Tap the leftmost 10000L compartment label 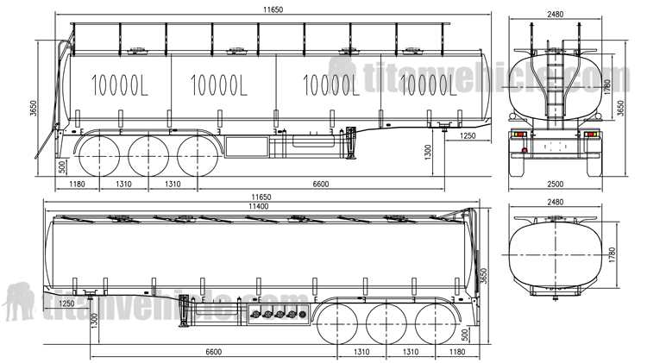coord(120,85)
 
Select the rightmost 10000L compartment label coord(429,85)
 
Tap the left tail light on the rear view coord(520,135)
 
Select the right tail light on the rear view coord(591,135)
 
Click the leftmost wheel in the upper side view coord(98,155)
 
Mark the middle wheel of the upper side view coord(147,155)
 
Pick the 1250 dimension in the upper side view coord(467,135)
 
